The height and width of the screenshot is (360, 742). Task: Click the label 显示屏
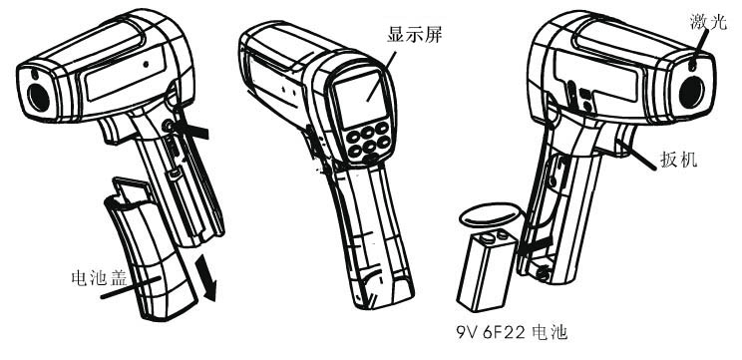click(x=414, y=35)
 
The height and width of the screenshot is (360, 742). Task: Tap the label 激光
click(x=708, y=21)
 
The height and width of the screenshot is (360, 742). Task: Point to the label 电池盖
click(x=99, y=277)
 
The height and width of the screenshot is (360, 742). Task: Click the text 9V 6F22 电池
click(x=512, y=332)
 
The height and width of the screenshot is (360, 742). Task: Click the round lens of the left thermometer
click(x=39, y=98)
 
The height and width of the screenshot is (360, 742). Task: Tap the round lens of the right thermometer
click(x=692, y=91)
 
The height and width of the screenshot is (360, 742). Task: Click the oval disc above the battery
click(x=491, y=214)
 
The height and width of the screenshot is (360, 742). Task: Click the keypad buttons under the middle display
click(x=369, y=142)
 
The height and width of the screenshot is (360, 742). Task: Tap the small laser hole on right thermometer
click(x=693, y=65)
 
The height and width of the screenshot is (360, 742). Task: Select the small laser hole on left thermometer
click(x=35, y=75)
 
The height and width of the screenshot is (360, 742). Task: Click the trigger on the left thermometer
click(x=111, y=131)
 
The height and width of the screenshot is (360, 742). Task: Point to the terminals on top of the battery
click(x=492, y=234)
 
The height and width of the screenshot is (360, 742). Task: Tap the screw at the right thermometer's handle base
click(x=544, y=272)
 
